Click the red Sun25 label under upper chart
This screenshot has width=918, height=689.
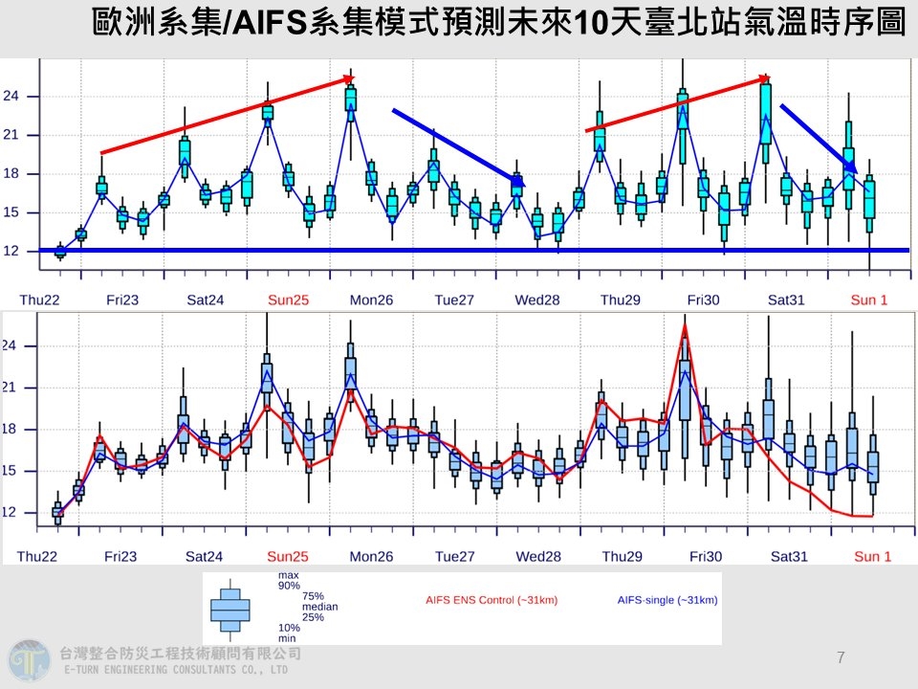[x=288, y=300]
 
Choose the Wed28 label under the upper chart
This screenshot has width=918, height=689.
[x=537, y=300]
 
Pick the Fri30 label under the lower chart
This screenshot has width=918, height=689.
[x=703, y=556]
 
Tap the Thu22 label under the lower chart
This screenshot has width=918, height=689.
[x=38, y=556]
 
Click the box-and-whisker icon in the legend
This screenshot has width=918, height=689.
[x=229, y=609]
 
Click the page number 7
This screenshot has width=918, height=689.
[x=840, y=657]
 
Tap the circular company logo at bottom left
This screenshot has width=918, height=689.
[x=28, y=660]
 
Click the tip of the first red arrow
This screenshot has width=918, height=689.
[x=354, y=79]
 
